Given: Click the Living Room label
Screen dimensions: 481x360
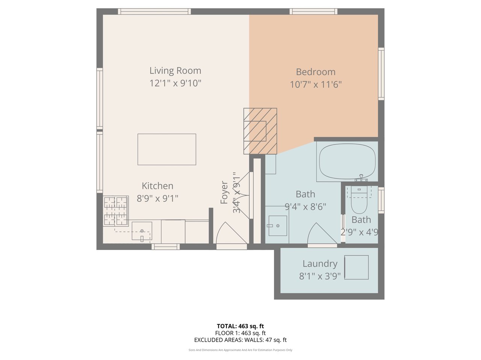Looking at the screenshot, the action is [x=175, y=71].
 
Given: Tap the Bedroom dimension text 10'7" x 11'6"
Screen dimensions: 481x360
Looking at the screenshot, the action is [x=316, y=84].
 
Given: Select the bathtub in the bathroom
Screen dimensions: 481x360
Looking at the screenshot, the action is [x=347, y=161].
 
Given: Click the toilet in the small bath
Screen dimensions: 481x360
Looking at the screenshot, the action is [x=359, y=200].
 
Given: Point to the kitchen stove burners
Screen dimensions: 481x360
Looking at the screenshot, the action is [x=116, y=211].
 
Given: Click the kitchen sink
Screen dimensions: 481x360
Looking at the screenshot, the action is [x=142, y=231].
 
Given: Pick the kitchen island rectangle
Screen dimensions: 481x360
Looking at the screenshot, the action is [x=167, y=149].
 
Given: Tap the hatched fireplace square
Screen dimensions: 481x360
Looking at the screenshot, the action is [x=260, y=131].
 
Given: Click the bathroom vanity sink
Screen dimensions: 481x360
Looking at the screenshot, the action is [x=278, y=226].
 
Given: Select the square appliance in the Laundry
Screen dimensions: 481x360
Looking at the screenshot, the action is [x=356, y=267].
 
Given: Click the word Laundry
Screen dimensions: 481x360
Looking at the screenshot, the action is [x=320, y=264].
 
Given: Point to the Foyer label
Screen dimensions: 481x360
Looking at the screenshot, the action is [x=224, y=192].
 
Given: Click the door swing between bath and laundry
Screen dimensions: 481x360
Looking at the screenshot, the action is [x=322, y=234].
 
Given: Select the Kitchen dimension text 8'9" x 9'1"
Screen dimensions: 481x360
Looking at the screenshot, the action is [x=157, y=199].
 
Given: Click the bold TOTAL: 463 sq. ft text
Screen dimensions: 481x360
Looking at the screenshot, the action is [x=240, y=326].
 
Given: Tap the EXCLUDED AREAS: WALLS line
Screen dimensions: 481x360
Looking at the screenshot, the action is [x=240, y=340].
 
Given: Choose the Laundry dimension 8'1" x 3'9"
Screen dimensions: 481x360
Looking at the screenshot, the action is [x=320, y=276].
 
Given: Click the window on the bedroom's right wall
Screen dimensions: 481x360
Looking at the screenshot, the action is [x=381, y=74].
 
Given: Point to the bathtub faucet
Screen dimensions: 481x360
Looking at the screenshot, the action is [x=361, y=178].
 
